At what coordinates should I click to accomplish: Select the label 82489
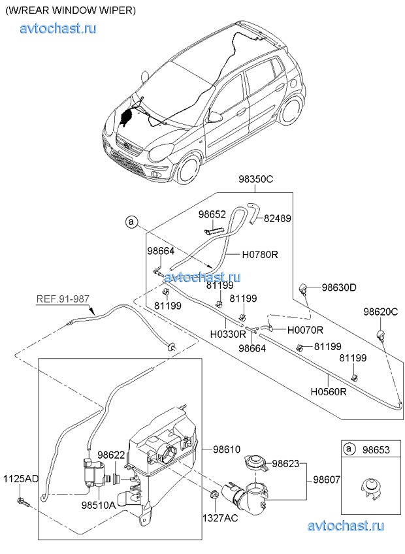278,220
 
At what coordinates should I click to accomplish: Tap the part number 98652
212,214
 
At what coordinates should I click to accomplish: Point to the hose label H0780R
260,255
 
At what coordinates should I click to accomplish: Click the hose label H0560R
328,393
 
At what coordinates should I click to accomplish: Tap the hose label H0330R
228,333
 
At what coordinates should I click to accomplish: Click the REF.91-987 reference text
63,300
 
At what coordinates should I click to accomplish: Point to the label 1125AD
22,479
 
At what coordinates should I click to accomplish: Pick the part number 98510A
99,505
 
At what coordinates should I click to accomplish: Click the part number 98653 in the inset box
376,450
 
